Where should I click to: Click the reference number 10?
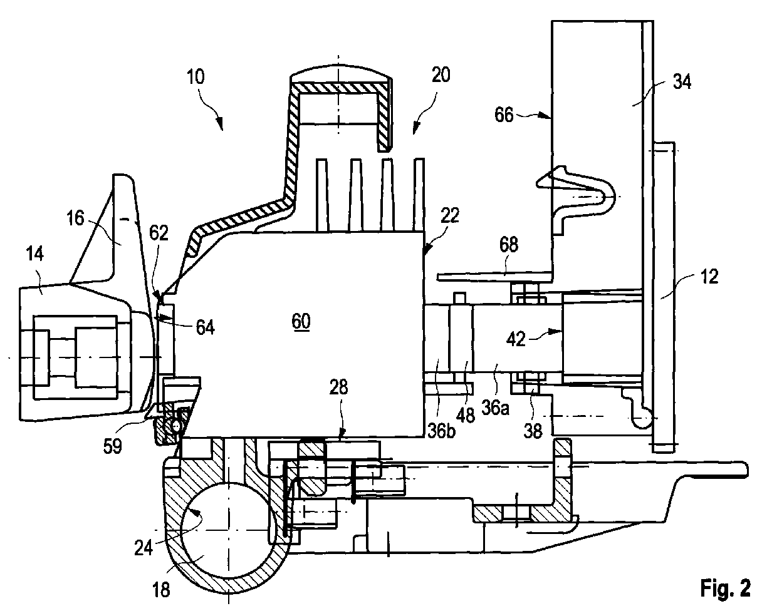pyautogui.click(x=196, y=76)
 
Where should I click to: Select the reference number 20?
pyautogui.click(x=441, y=75)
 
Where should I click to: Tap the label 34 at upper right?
pyautogui.click(x=682, y=81)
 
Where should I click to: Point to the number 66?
pyautogui.click(x=504, y=115)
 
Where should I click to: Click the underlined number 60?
pyautogui.click(x=301, y=322)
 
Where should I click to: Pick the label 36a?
pyautogui.click(x=495, y=408)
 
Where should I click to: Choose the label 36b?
pyautogui.click(x=442, y=431)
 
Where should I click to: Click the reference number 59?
pyautogui.click(x=113, y=446)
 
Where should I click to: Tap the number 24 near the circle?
pyautogui.click(x=144, y=548)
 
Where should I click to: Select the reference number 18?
pyautogui.click(x=161, y=590)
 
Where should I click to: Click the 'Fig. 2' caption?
pyautogui.click(x=726, y=588)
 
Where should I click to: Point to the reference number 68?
pyautogui.click(x=508, y=245)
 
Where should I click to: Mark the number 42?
pyautogui.click(x=516, y=339)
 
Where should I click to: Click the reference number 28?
pyautogui.click(x=338, y=387)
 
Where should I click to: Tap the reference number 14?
pyautogui.click(x=35, y=254)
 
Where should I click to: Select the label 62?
pyautogui.click(x=159, y=234)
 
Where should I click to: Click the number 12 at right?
pyautogui.click(x=709, y=277)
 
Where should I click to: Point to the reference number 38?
pyautogui.click(x=533, y=431)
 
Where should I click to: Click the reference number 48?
pyautogui.click(x=466, y=415)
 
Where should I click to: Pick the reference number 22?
pyautogui.click(x=450, y=215)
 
